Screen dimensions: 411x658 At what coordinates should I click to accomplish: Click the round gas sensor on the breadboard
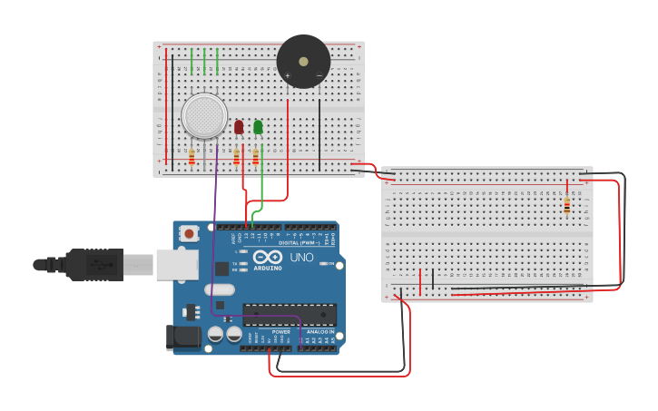click(204, 116)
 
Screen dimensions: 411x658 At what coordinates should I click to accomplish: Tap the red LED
click(239, 127)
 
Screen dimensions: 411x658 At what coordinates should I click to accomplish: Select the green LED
click(258, 127)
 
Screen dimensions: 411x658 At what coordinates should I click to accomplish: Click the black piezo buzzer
click(303, 62)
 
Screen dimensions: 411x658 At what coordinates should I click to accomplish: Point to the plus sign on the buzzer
click(288, 76)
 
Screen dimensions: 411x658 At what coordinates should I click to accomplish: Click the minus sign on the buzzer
click(319, 76)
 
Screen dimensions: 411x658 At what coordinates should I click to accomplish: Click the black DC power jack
click(184, 338)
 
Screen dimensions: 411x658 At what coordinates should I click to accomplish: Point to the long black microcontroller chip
click(289, 315)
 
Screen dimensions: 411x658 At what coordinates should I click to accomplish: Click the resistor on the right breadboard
click(567, 206)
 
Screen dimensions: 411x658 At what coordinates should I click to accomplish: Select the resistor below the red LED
click(237, 158)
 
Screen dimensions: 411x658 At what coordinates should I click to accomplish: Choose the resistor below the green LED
click(256, 158)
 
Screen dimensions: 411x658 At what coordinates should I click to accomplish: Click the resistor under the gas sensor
click(192, 157)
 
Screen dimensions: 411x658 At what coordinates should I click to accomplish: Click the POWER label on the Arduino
click(281, 332)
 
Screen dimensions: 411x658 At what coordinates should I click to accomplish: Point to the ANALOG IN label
click(319, 332)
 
